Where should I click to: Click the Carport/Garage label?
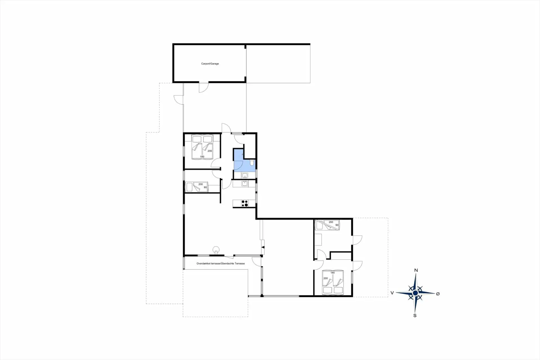tap(210, 64)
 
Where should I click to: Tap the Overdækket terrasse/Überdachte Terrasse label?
tap(220, 263)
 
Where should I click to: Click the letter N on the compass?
tap(416, 270)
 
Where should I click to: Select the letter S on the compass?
tap(415, 316)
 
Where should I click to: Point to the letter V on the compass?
tap(392, 293)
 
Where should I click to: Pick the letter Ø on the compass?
tap(438, 294)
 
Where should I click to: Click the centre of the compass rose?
tap(415, 293)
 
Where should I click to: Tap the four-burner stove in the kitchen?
tap(244, 203)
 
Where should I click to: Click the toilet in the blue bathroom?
tap(252, 163)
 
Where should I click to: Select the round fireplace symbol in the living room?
tap(216, 249)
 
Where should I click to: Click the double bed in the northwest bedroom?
tap(202, 147)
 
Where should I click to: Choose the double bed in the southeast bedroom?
tap(333, 282)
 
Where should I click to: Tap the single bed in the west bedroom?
tap(197, 187)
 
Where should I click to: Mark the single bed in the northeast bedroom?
tap(327, 225)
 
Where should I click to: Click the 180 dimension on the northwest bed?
tap(202, 157)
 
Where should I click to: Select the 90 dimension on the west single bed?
tap(205, 187)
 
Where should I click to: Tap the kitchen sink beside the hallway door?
tap(245, 184)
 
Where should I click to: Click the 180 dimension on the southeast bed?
tap(332, 273)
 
